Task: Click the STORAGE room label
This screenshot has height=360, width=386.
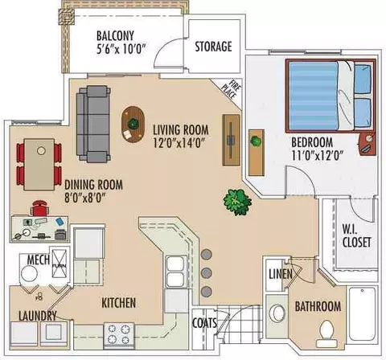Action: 213,47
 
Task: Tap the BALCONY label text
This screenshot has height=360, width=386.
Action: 115,35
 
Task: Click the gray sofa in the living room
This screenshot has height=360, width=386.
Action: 93,124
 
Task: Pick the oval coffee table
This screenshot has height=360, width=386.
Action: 133,124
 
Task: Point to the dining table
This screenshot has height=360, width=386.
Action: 39,165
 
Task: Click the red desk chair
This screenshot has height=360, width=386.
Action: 39,208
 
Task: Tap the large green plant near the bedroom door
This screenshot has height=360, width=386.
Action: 237,202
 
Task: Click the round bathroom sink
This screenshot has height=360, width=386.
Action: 277,313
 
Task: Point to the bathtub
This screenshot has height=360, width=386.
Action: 362,318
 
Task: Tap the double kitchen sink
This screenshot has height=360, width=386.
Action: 175,272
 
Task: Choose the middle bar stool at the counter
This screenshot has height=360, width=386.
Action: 207,272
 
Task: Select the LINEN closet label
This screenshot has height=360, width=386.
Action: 281,274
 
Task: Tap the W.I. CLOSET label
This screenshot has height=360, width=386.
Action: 356,235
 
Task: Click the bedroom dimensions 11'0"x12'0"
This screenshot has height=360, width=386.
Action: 318,156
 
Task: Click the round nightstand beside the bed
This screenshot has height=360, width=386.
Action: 366,144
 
